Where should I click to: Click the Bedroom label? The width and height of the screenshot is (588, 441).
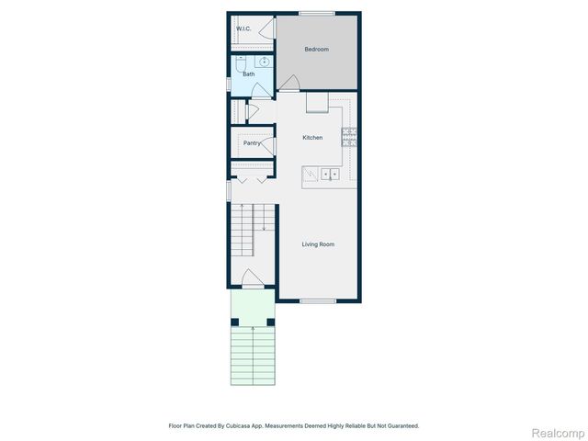pyautogui.click(x=316, y=50)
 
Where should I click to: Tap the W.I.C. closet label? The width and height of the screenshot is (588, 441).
pyautogui.click(x=243, y=29)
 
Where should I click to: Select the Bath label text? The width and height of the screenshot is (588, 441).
pyautogui.click(x=248, y=73)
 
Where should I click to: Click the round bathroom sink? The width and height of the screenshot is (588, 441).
pyautogui.click(x=265, y=62)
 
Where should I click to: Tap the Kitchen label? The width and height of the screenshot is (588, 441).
pyautogui.click(x=313, y=138)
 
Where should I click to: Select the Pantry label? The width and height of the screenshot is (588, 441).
pyautogui.click(x=251, y=143)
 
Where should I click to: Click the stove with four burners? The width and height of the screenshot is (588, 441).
pyautogui.click(x=350, y=138)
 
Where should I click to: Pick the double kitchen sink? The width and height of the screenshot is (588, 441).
pyautogui.click(x=328, y=174)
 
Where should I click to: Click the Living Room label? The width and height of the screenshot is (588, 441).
pyautogui.click(x=317, y=244)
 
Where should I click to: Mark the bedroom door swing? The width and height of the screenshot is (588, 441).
pyautogui.click(x=288, y=84)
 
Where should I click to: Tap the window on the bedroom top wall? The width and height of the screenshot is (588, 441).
pyautogui.click(x=317, y=12)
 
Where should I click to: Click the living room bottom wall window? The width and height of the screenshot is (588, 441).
pyautogui.click(x=317, y=301)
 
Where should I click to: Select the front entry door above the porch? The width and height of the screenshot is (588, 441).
pyautogui.click(x=253, y=278)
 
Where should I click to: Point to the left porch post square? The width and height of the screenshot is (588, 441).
pyautogui.click(x=235, y=322)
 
